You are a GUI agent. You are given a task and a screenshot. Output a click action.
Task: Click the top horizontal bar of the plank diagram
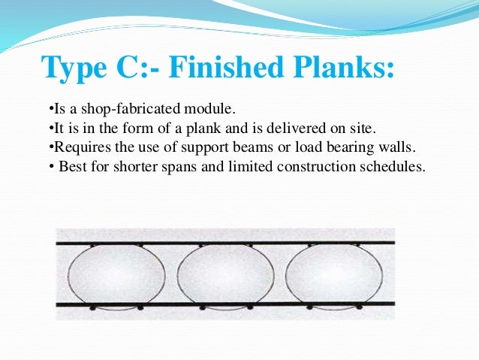coord(225,244)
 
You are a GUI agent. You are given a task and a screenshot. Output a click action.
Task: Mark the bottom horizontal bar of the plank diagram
coord(225,304)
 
